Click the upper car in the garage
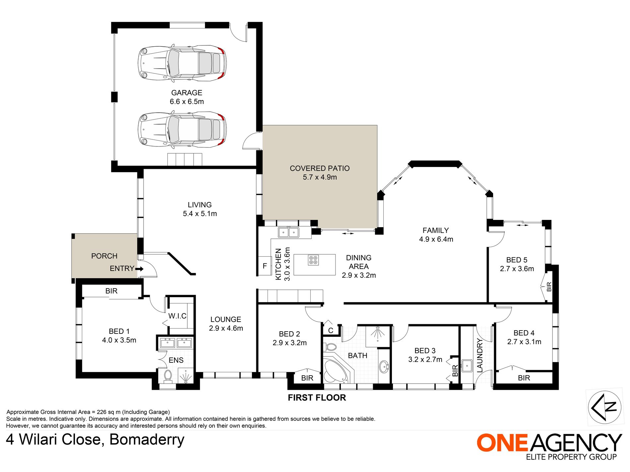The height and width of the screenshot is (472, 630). pos(182,63)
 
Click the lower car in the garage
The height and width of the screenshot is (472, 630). pos(182,130)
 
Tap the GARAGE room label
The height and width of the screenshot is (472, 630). pos(187,93)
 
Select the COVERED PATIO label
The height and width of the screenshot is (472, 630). pos(320,168)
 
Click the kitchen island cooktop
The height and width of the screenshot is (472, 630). pos(313,260)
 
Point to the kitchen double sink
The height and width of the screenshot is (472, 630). pos(288,232)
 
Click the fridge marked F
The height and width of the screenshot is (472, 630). pos(265,266)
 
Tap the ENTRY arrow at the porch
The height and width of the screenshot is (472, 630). pos(140,269)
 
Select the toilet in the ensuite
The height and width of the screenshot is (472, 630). pos(168,376)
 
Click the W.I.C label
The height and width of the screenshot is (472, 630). pos(177,316)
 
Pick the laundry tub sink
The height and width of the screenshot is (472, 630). pos(467,365)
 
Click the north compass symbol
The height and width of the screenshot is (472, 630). pos(604,407)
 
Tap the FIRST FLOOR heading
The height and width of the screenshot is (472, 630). pos(317,397)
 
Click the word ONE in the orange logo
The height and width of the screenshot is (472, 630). pos(502,443)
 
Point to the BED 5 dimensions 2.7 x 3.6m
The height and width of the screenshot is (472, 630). pos(517,269)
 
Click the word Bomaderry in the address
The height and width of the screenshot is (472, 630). pos(147,440)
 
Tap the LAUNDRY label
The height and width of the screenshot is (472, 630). pos(480,356)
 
